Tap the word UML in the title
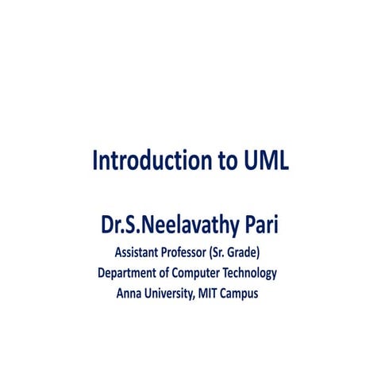click(x=262, y=160)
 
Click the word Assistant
click(x=142, y=254)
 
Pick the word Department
click(x=129, y=274)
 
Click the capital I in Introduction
click(x=95, y=160)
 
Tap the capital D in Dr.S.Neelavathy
click(x=106, y=225)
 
